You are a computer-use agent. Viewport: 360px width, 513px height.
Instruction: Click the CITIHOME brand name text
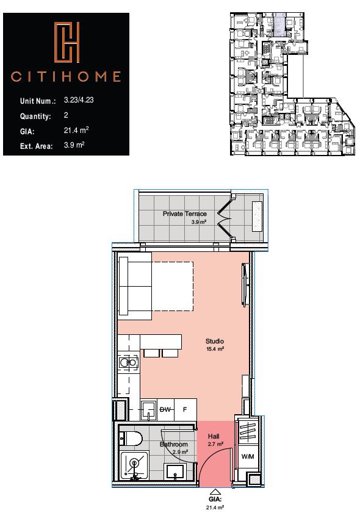tap(66, 77)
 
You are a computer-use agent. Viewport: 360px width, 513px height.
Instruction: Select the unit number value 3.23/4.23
tap(79, 100)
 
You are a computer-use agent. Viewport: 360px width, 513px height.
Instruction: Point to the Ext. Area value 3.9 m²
tap(74, 145)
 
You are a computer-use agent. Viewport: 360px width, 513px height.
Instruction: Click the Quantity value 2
tap(66, 115)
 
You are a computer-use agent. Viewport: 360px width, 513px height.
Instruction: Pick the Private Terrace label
tap(184, 214)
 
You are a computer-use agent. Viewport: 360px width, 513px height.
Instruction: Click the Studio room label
tap(214, 341)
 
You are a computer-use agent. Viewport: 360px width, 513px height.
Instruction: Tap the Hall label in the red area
tap(213, 437)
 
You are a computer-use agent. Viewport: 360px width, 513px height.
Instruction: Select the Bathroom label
tap(173, 445)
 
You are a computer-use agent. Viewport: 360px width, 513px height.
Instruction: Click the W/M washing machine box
tap(247, 457)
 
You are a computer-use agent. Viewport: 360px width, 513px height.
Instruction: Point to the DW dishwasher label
tap(165, 410)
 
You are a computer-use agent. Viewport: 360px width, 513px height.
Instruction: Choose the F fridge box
tap(184, 410)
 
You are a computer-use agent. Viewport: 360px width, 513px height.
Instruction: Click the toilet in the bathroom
tap(131, 438)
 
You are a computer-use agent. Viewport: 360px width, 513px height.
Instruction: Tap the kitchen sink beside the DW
tap(148, 410)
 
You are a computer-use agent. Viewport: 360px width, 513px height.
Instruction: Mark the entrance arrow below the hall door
tap(215, 492)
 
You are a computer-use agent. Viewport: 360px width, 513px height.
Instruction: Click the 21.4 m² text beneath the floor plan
tap(215, 506)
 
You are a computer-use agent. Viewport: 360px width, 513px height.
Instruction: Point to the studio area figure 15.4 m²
tap(215, 350)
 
